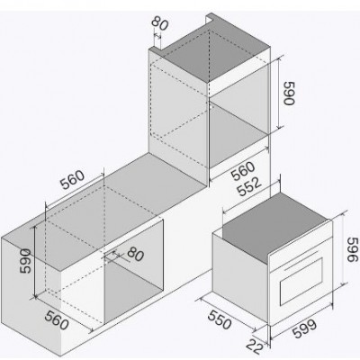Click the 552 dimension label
pos(249,186)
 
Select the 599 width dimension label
pos(305,328)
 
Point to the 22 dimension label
pos(255,346)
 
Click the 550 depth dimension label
pos(220,319)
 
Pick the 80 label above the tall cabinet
pos(159,22)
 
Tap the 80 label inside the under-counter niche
pos(136,255)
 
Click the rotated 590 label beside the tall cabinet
pos(289,94)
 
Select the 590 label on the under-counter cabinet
pos(25,261)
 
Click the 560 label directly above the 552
pos(243,171)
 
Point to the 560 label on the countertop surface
pos(72,180)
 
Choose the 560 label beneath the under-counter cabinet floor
pos(57,319)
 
